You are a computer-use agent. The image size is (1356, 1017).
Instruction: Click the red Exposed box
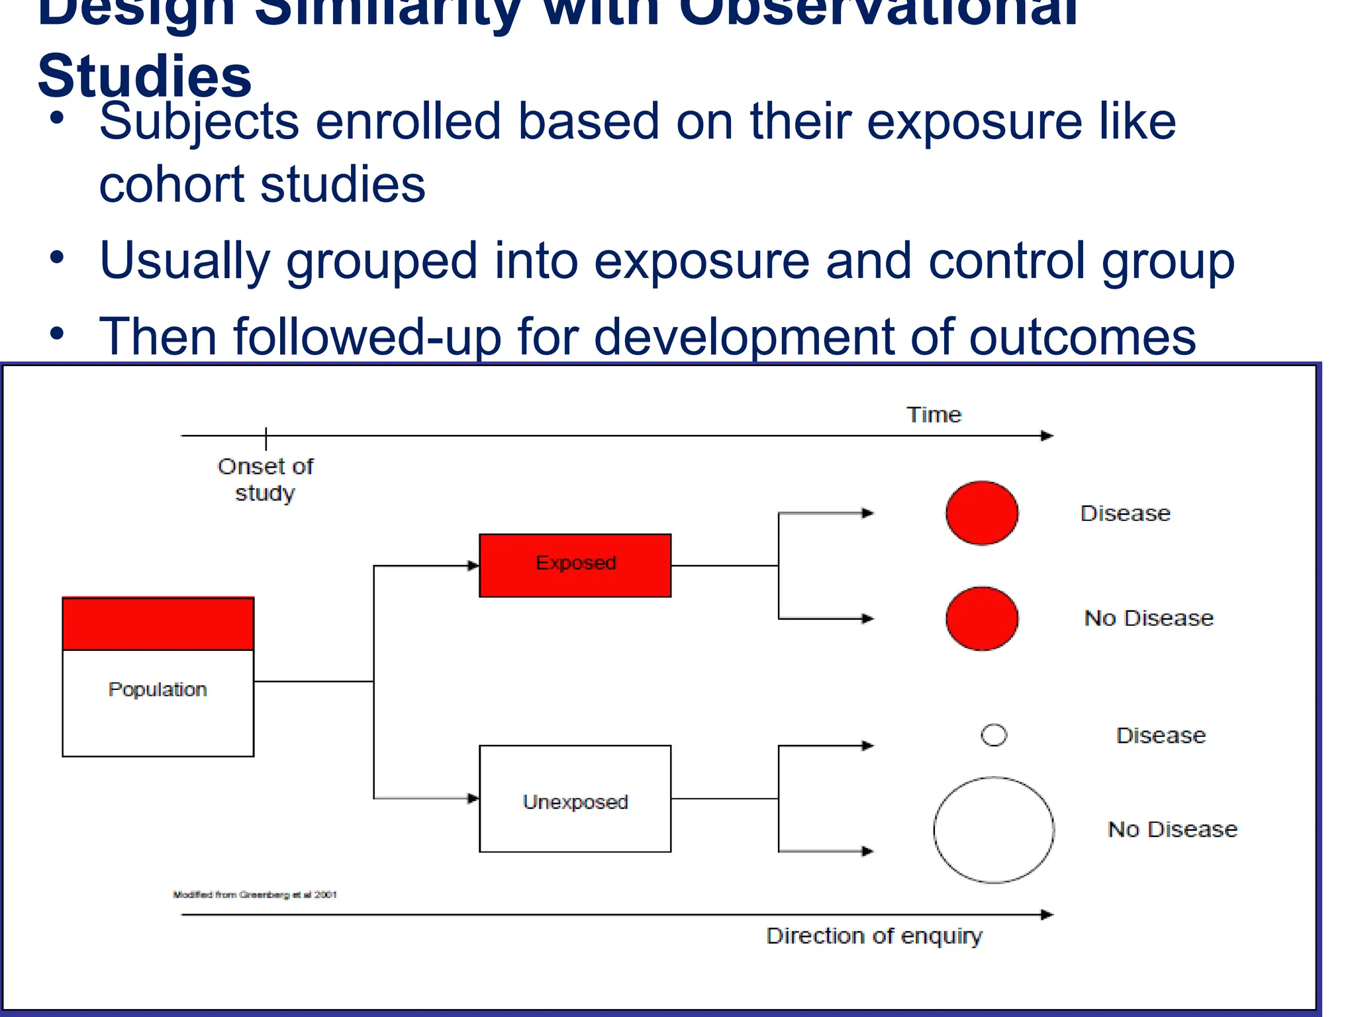(x=575, y=565)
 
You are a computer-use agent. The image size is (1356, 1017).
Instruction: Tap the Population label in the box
(x=158, y=689)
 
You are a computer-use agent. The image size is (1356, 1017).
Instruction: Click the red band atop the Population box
(x=158, y=624)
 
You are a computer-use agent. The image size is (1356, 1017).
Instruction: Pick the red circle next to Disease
(x=981, y=513)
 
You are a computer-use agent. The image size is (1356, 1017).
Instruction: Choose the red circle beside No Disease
(x=981, y=618)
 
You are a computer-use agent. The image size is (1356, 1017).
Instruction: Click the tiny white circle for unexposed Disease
(x=994, y=735)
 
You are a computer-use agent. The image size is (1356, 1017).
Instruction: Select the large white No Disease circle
(x=993, y=830)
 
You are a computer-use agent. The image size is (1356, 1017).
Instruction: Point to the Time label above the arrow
(x=934, y=414)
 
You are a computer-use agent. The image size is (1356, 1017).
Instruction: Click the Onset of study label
(x=265, y=479)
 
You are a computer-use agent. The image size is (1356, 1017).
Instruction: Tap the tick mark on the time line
(x=266, y=437)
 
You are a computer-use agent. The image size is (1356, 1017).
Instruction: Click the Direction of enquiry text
(x=874, y=936)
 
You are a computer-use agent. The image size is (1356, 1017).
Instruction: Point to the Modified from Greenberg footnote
(x=255, y=895)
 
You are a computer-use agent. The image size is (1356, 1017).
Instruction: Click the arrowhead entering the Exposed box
(x=473, y=565)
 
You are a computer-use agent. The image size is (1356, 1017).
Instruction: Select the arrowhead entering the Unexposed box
(x=473, y=799)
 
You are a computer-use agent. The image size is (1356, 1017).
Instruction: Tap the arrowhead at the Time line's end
(x=1047, y=436)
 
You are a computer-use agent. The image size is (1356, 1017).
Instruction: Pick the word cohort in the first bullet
(x=173, y=184)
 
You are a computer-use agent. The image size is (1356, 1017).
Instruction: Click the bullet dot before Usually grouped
(x=57, y=258)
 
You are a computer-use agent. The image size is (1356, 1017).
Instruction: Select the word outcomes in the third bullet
(x=1082, y=337)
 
